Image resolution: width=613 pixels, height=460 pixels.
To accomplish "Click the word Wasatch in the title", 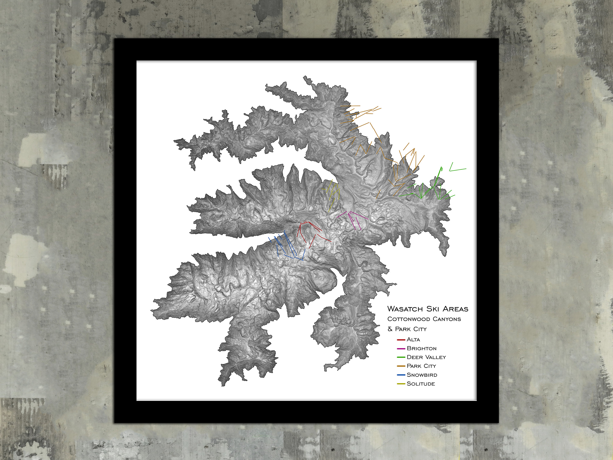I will tap(405, 309).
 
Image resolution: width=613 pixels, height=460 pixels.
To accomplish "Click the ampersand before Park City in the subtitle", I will tap(390, 329).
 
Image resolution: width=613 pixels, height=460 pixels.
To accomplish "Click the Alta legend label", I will tap(413, 340).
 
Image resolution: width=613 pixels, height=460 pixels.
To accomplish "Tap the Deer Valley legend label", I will tap(426, 357).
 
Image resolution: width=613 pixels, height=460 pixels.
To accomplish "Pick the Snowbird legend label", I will tap(422, 375).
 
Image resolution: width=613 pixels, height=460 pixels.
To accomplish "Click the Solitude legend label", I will tap(421, 384).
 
